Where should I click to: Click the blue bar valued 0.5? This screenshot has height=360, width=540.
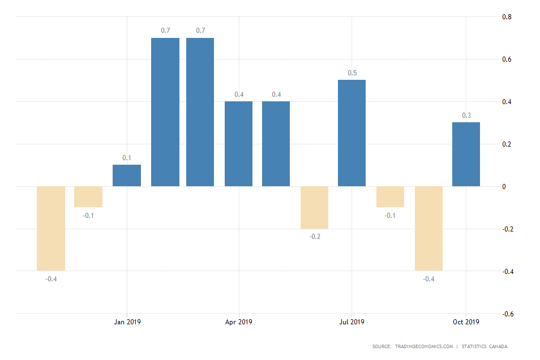[352, 133]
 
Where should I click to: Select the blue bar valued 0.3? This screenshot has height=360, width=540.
[466, 154]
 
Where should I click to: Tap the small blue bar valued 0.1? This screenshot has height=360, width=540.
[127, 175]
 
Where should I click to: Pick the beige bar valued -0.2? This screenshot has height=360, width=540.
[314, 207]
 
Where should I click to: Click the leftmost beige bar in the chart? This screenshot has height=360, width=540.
[51, 228]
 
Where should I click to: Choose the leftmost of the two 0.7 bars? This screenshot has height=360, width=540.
[165, 112]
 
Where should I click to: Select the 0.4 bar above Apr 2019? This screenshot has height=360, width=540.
[238, 144]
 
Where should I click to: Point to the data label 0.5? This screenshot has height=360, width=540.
[352, 73]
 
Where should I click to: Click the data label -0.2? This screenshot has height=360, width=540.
[315, 236]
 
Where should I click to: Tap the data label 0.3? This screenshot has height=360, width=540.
[466, 115]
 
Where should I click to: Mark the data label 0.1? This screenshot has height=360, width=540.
[127, 158]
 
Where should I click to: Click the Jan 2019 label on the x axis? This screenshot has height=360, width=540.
[127, 322]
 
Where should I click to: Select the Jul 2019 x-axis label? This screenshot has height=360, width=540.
[352, 322]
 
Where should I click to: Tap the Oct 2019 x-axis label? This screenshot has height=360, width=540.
[465, 322]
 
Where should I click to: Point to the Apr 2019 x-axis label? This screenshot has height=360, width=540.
[238, 322]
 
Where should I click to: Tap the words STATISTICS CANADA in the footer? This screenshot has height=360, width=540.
[485, 346]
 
